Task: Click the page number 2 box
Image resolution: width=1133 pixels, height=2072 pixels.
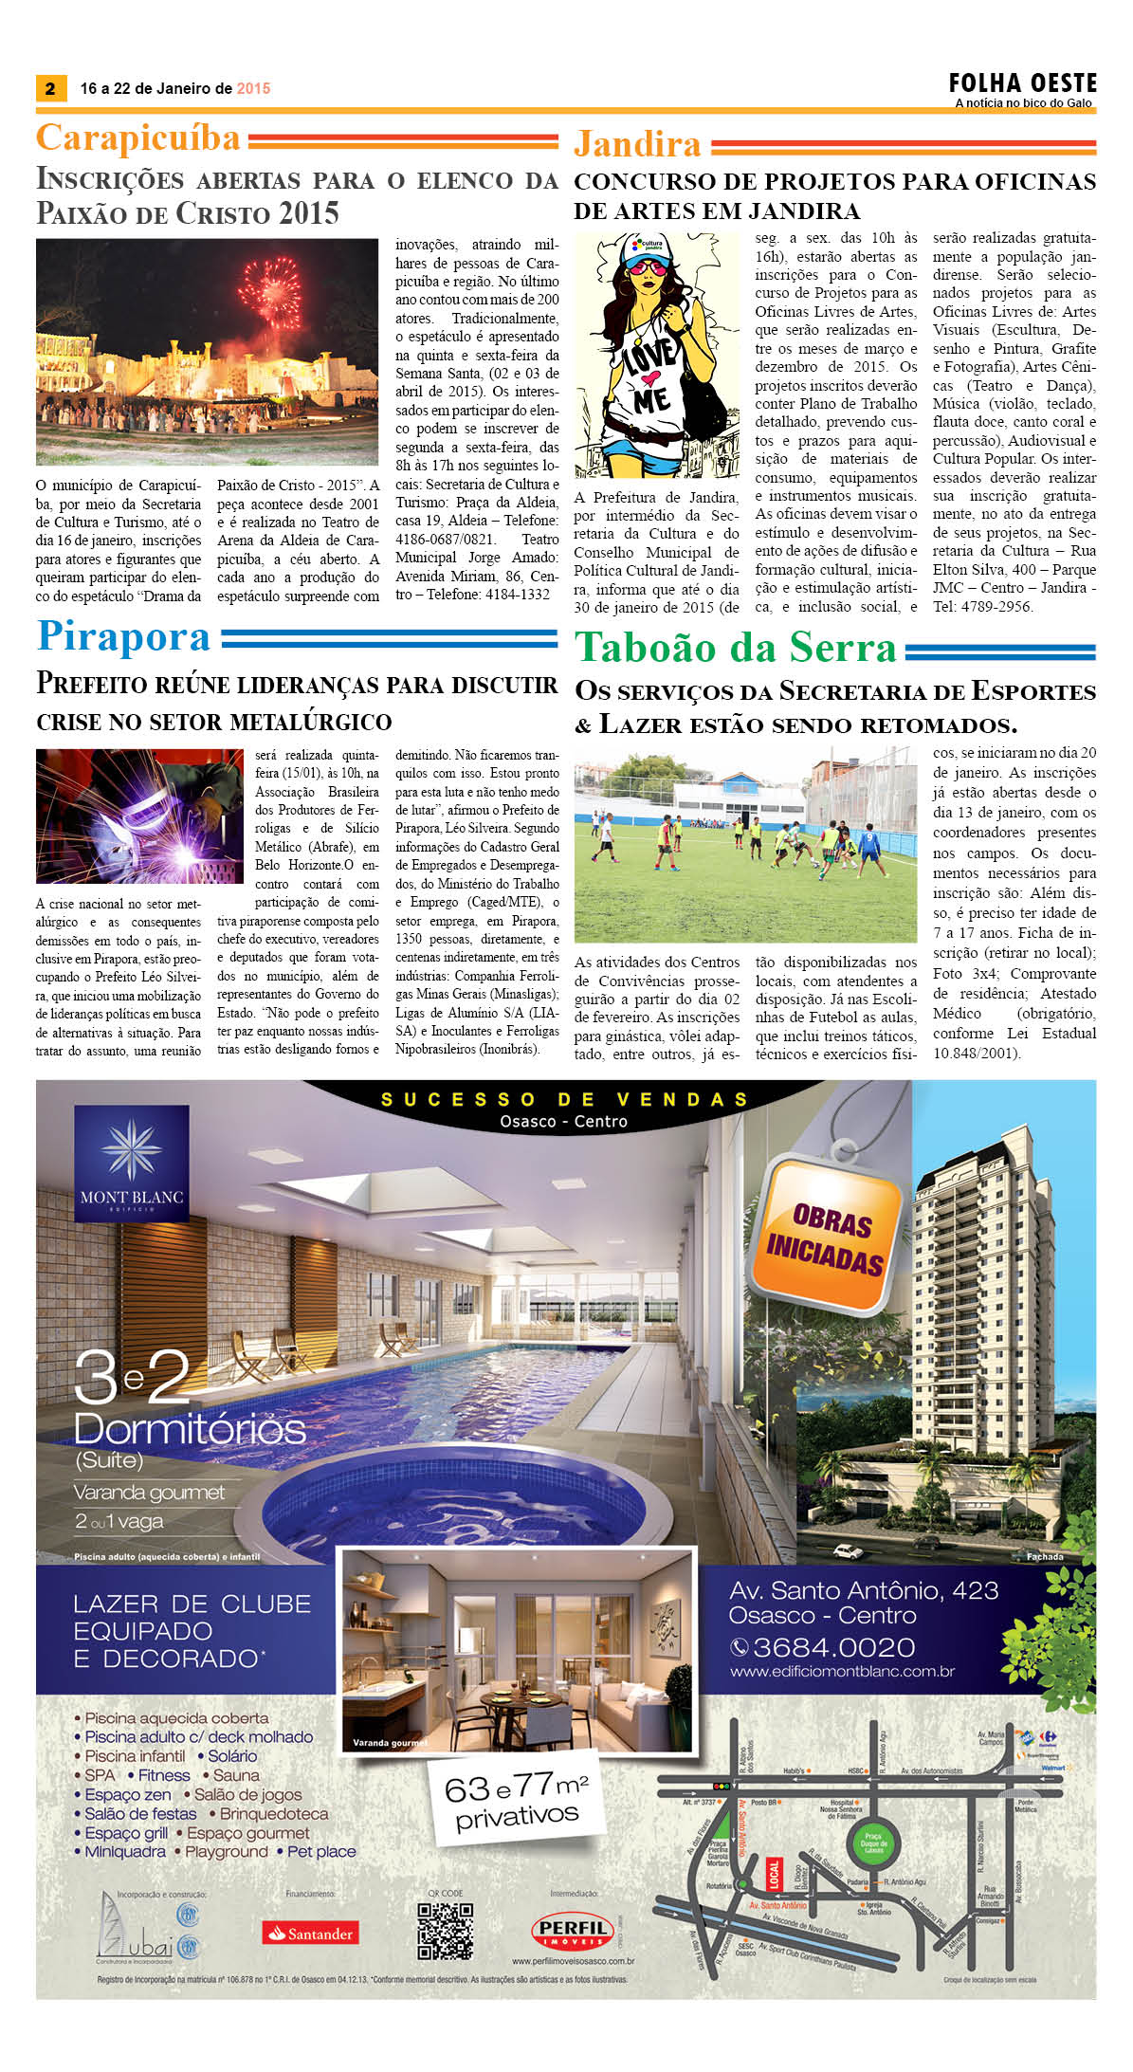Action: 50,88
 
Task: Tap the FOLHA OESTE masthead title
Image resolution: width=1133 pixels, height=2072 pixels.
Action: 1023,83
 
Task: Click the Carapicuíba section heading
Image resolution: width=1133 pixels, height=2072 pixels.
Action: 138,138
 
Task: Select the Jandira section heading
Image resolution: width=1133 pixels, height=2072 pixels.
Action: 637,144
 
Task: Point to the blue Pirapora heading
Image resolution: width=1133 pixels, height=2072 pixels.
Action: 123,636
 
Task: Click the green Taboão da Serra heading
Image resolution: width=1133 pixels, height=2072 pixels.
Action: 736,648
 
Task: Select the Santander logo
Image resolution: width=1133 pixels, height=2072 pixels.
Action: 311,1933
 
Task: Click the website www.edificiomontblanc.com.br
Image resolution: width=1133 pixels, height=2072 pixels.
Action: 842,1672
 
